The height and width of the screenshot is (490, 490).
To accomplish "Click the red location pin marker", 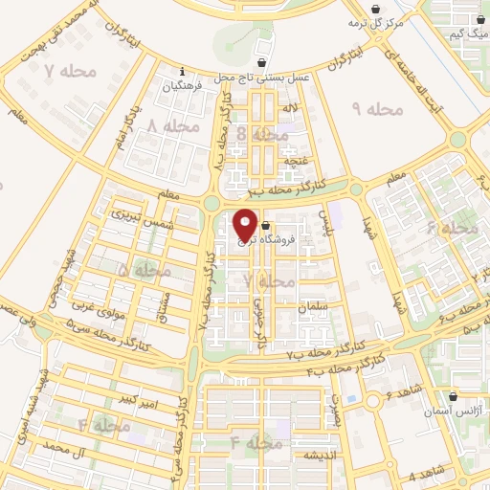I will (245, 224).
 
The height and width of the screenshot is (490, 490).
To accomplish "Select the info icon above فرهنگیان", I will (183, 69).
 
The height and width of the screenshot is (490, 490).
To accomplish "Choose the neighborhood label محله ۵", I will (144, 272).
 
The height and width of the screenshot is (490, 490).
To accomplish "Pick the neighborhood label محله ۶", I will (452, 228).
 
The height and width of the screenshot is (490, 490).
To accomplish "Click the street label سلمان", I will (312, 305).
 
